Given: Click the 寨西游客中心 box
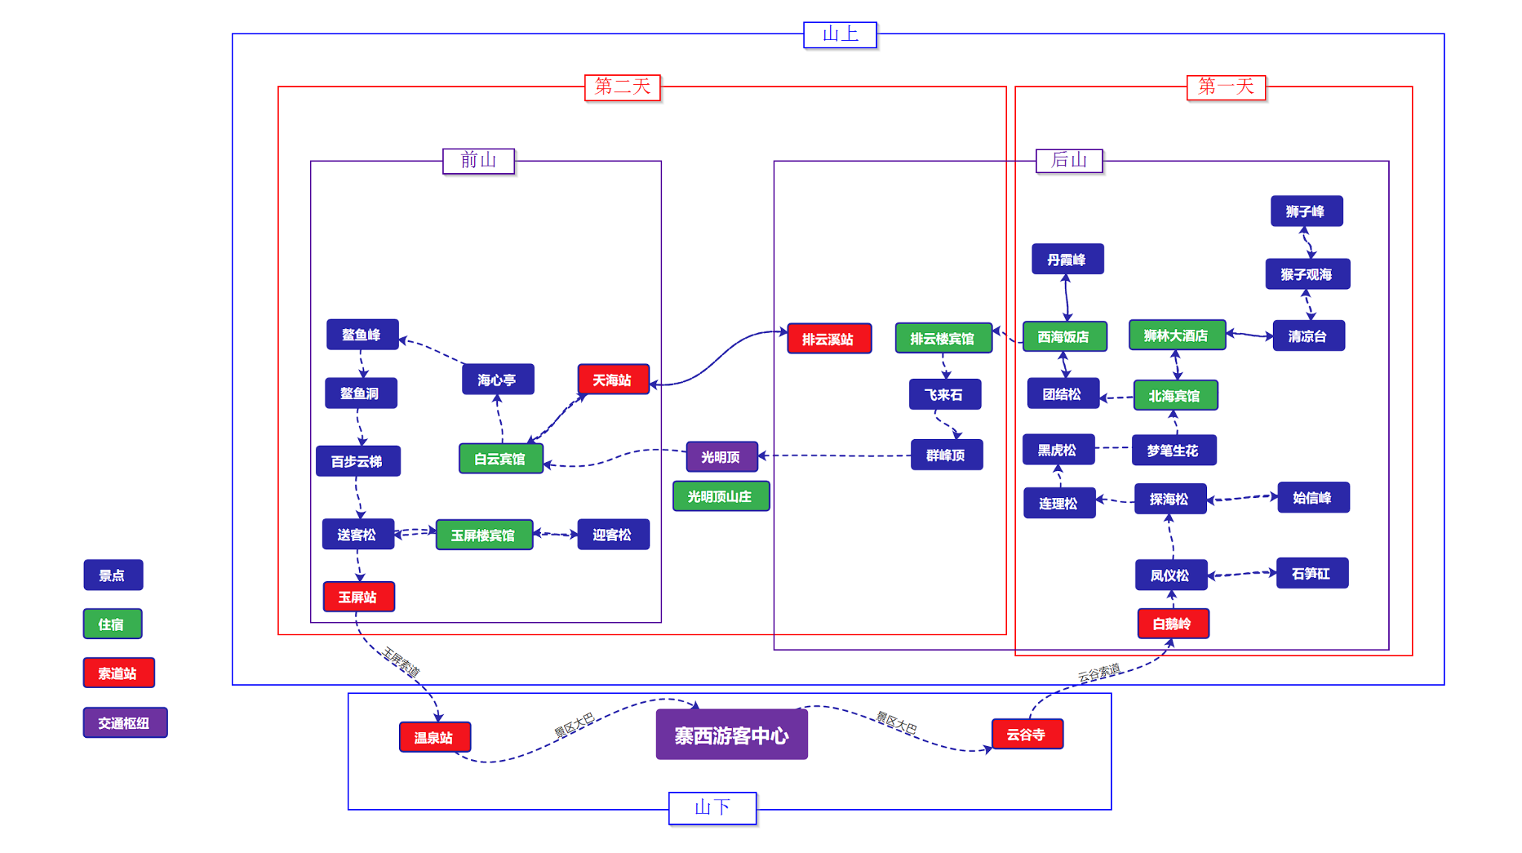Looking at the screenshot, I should [731, 735].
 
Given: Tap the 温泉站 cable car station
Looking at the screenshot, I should [435, 737].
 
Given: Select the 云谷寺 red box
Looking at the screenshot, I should [1027, 734].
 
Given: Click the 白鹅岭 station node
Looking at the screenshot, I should [1173, 623].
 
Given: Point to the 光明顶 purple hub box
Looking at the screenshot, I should [722, 457].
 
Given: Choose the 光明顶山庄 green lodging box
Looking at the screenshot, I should [720, 496].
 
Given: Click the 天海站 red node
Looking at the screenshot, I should [613, 380].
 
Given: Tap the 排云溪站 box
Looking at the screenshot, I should [829, 339].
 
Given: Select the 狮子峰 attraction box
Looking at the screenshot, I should [1306, 211].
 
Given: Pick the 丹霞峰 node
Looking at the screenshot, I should [1067, 259].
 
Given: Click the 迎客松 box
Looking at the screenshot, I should [613, 534].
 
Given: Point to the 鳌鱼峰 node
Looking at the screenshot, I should [362, 334].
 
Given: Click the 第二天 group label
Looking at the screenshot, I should [623, 87].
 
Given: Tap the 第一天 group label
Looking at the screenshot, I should [1225, 87].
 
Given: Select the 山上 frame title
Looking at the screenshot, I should [840, 34].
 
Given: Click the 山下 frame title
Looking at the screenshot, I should [712, 808].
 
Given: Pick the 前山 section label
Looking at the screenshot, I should [478, 160].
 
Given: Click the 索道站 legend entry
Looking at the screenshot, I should [119, 673].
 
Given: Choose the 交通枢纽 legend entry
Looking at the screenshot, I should [125, 723].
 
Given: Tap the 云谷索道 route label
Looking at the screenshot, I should [1098, 673].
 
